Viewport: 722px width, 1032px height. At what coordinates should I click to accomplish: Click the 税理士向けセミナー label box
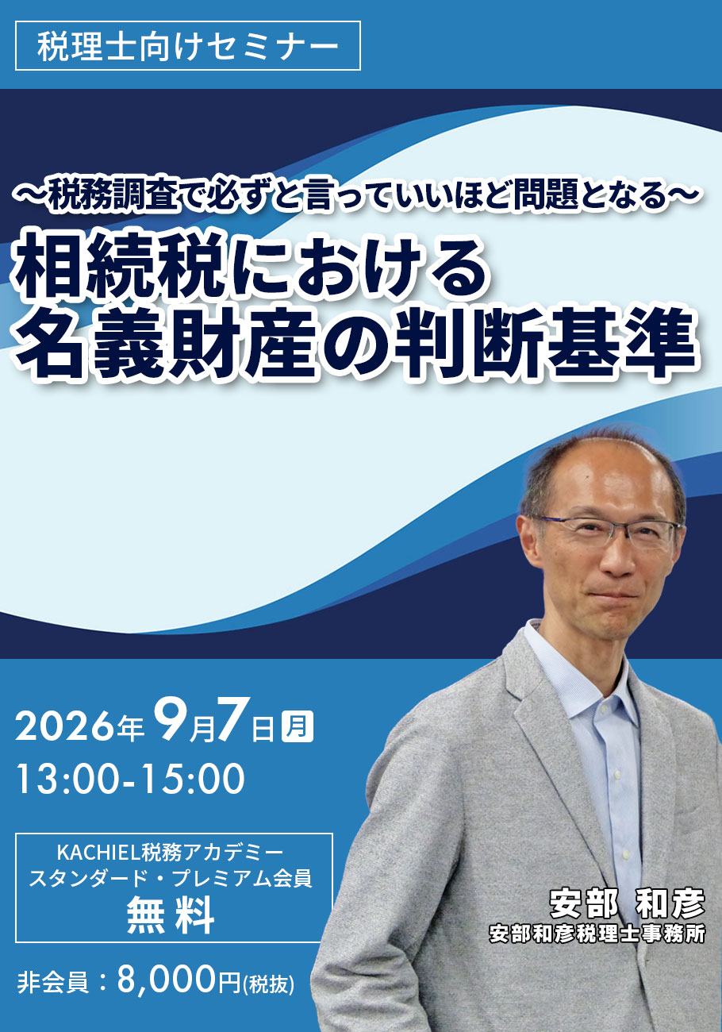188,45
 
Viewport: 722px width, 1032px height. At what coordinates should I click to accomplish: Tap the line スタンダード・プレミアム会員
171,879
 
